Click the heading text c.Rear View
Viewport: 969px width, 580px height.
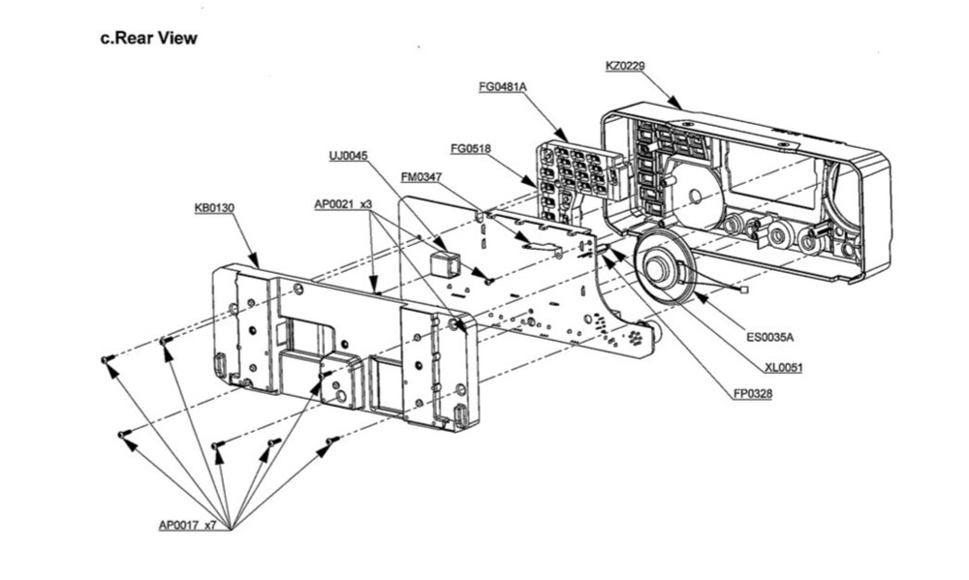149,39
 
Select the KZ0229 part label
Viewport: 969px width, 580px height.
625,66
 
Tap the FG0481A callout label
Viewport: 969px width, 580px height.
502,87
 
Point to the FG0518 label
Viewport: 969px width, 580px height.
471,148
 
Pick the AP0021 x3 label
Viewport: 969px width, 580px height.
343,204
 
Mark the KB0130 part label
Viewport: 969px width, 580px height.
214,207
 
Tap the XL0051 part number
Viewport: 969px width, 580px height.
783,367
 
